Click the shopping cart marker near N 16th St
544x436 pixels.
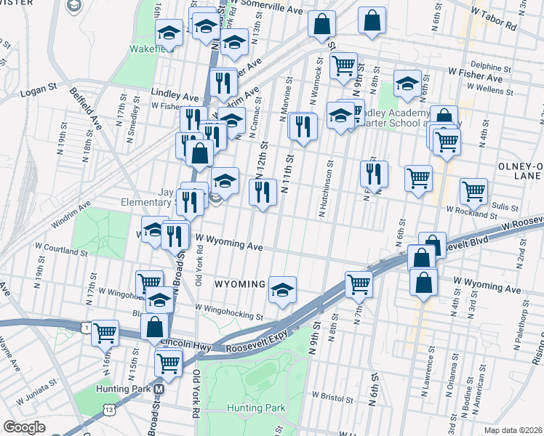coord(105,333)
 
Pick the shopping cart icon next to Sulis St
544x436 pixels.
coord(473,191)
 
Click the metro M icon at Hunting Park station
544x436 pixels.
coord(159,389)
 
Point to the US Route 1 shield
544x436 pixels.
coord(87,329)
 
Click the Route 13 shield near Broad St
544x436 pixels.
coord(108,411)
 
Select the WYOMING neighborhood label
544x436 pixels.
coord(239,283)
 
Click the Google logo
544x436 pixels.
coord(24,427)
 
